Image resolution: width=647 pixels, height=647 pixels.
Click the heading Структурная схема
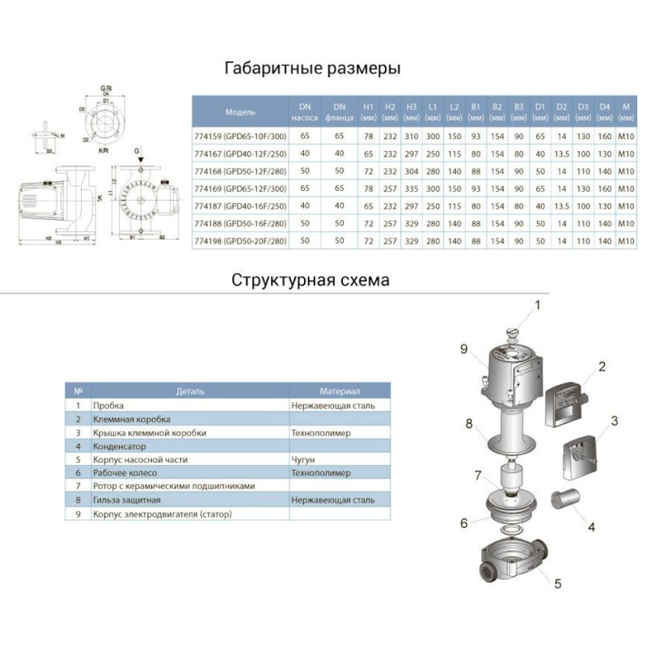(x=311, y=281)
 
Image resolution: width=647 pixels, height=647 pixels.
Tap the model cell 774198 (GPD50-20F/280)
(x=241, y=241)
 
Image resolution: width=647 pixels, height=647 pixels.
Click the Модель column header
(x=240, y=112)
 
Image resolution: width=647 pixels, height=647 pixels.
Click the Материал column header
(x=339, y=390)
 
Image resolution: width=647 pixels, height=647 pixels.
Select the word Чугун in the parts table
(x=304, y=459)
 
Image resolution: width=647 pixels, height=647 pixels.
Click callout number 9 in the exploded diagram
(x=464, y=349)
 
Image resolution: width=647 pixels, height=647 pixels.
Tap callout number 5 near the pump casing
(x=558, y=582)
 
